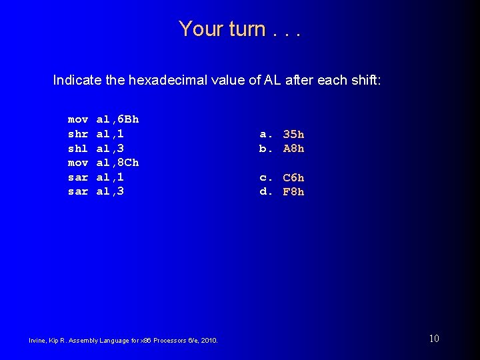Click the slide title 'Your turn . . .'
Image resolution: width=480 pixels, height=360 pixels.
click(239, 29)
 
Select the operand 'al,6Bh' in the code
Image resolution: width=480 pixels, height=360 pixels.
click(118, 119)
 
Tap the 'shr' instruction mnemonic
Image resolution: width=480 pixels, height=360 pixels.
click(78, 134)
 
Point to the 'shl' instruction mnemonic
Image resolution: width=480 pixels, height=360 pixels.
click(78, 148)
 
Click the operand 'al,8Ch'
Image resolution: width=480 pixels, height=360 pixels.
click(118, 163)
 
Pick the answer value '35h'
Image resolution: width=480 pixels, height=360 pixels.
click(293, 134)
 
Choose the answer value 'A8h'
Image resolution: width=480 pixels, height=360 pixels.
click(293, 149)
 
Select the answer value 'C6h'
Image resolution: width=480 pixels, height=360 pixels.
click(293, 177)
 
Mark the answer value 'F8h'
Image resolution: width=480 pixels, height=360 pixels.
click(293, 192)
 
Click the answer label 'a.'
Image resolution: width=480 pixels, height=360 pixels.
click(266, 134)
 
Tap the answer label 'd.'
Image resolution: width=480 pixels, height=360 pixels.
click(266, 192)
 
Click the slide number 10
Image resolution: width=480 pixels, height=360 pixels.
click(434, 339)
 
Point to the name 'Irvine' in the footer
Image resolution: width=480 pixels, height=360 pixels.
click(38, 341)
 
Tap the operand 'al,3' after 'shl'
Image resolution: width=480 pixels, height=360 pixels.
click(111, 148)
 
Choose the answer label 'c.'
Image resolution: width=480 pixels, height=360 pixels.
click(266, 177)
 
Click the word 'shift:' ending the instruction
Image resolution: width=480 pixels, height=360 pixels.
click(365, 81)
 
